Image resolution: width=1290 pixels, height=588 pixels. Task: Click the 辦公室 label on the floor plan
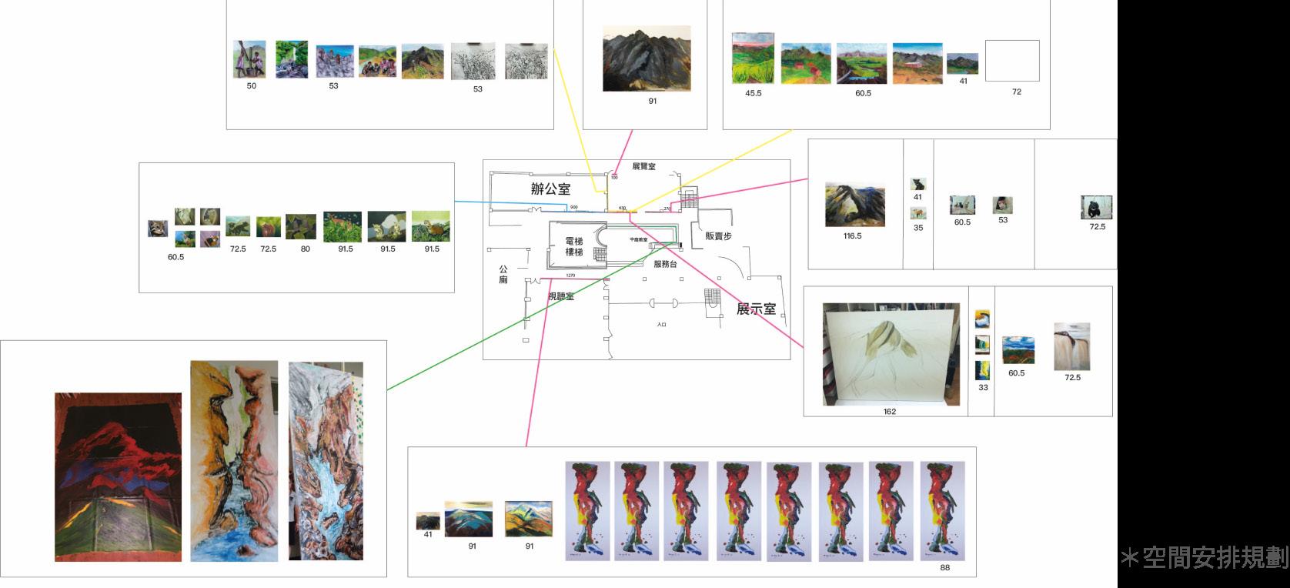click(550, 189)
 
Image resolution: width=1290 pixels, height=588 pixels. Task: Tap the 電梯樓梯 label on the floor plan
click(574, 246)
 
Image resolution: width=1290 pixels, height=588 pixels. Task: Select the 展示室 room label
click(756, 309)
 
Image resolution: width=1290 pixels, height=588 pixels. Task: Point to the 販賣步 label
click(718, 236)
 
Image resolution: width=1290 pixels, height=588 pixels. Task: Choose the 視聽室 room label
click(560, 296)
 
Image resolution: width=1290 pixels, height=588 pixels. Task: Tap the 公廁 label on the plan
click(503, 275)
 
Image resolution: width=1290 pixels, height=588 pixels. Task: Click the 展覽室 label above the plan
click(643, 166)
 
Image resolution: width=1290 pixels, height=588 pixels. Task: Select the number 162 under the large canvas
click(890, 412)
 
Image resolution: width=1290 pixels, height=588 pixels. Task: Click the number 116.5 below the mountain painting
click(852, 236)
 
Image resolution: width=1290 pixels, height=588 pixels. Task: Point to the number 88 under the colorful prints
click(944, 568)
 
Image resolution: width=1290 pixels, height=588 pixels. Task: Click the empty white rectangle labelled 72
click(1012, 61)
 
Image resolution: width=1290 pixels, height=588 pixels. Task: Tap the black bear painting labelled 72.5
click(1096, 208)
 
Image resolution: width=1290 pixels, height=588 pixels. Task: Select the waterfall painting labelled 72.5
click(1071, 346)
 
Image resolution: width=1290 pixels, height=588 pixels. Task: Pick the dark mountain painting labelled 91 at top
click(646, 58)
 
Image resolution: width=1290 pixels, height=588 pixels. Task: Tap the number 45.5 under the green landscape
click(753, 93)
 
